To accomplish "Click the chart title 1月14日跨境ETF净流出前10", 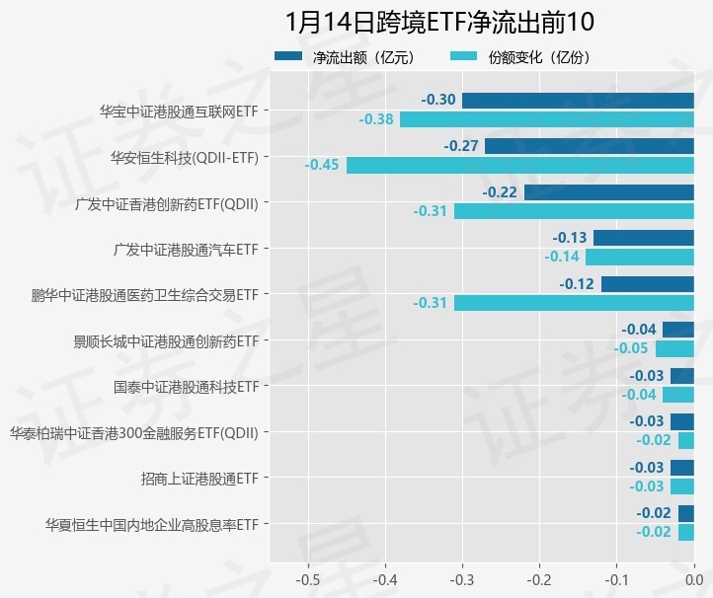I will click(x=439, y=21).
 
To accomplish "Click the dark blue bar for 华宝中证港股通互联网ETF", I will click(x=578, y=101).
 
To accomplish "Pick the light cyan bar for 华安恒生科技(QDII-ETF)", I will click(x=520, y=165).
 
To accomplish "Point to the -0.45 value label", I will click(x=323, y=165).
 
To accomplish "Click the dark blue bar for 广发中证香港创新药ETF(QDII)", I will click(x=609, y=192).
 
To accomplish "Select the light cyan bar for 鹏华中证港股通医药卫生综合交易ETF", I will click(x=574, y=303).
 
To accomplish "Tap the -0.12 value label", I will click(x=577, y=284).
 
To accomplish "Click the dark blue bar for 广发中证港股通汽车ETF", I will click(x=644, y=238).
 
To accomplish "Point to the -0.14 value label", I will click(x=562, y=257).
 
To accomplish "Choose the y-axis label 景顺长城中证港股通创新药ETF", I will click(x=166, y=340).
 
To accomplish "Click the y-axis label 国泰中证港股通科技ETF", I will click(x=186, y=386).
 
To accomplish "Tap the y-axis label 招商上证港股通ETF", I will click(x=199, y=479).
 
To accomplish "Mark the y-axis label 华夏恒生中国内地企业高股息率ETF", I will click(x=152, y=524).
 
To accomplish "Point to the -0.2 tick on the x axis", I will click(x=539, y=577).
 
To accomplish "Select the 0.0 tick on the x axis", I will click(x=693, y=577).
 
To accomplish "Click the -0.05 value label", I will click(x=632, y=348).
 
